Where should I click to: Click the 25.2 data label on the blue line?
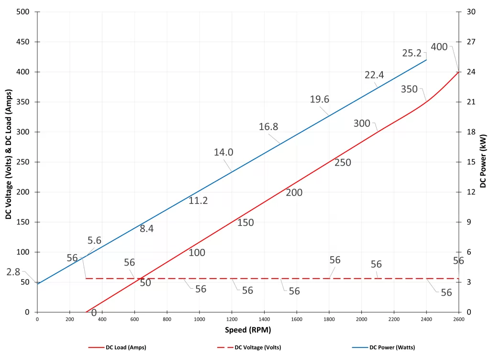click(x=412, y=53)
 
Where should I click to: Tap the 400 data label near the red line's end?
click(x=439, y=47)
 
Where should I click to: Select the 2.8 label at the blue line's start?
click(x=13, y=272)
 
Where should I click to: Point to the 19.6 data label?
click(x=320, y=99)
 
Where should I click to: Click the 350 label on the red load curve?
click(x=409, y=89)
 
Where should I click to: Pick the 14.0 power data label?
click(x=223, y=152)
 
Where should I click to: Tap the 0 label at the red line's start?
click(x=94, y=313)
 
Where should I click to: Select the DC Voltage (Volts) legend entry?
click(x=257, y=347)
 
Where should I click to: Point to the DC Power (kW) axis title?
click(x=483, y=161)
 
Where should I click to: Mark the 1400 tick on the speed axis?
click(x=264, y=319)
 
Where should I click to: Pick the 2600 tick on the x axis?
click(x=458, y=319)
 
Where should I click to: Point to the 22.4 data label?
click(x=374, y=75)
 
